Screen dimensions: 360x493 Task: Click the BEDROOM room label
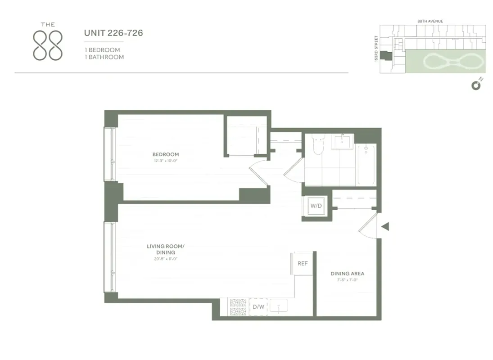point(165,154)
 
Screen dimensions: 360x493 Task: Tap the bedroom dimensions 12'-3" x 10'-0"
point(165,161)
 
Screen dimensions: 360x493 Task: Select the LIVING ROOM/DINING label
point(165,249)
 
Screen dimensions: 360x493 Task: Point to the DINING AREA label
point(347,274)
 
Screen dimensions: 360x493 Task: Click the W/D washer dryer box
point(316,206)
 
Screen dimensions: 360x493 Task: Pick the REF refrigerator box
point(303,263)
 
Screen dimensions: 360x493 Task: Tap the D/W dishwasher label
point(258,307)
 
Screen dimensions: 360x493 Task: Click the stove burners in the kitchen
point(238,306)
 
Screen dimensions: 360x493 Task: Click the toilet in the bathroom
point(318,144)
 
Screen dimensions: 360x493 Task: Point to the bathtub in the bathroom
point(366,164)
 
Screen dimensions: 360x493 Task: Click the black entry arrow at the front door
point(385,226)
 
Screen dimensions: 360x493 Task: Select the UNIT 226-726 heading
point(113,33)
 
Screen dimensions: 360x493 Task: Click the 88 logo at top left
point(48,43)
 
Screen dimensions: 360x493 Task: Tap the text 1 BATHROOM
point(104,57)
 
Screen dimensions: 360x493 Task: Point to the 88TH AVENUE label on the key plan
point(431,21)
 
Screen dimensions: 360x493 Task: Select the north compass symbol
point(476,85)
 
